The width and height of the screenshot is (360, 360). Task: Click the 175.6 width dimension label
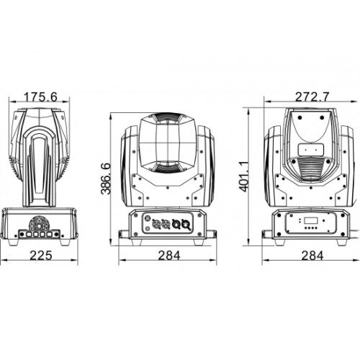tap(41, 97)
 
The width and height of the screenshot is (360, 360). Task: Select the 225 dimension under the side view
tap(41, 256)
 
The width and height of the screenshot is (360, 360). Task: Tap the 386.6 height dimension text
tap(106, 179)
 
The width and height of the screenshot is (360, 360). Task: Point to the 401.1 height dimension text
tap(245, 176)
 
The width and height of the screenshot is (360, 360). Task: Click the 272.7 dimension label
tap(312, 97)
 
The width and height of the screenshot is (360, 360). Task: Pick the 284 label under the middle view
tap(169, 256)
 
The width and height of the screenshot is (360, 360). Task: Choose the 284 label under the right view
tap(312, 256)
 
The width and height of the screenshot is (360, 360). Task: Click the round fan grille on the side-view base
tap(38, 223)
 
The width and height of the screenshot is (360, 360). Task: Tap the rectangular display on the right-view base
tap(310, 221)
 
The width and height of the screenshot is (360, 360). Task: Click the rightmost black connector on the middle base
tap(186, 225)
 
